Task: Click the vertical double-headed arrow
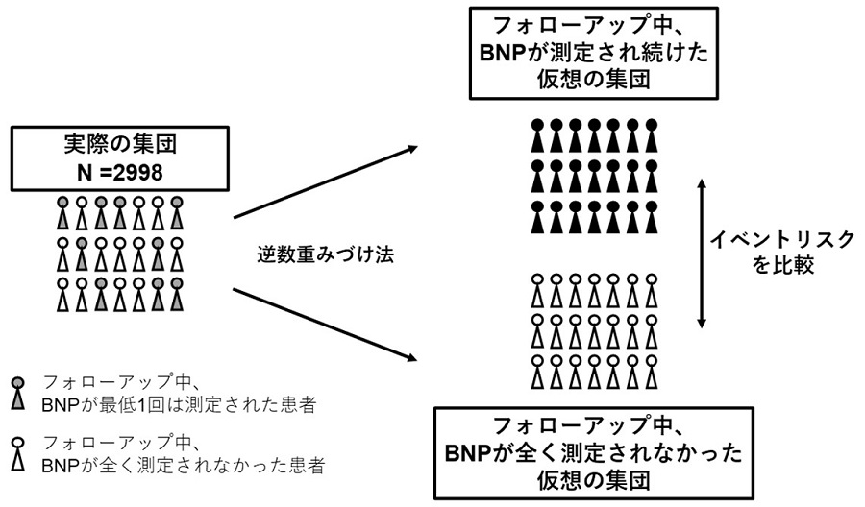tap(705, 252)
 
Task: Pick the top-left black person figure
tap(538, 137)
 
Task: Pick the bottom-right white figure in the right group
tap(652, 371)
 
